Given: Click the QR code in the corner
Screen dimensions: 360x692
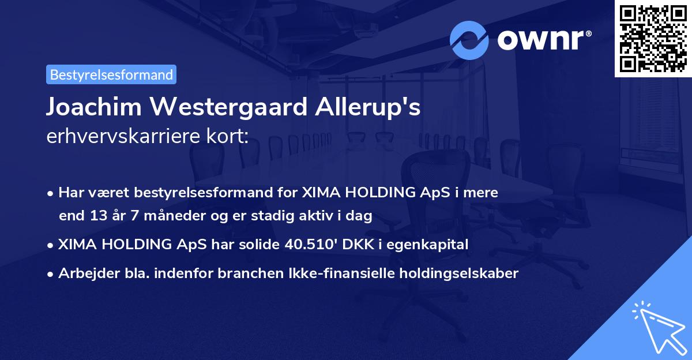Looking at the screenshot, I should point(653,39).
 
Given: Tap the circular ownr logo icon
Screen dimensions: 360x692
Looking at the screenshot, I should point(469,40).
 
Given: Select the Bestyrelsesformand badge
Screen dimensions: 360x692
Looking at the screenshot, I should point(111,74).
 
